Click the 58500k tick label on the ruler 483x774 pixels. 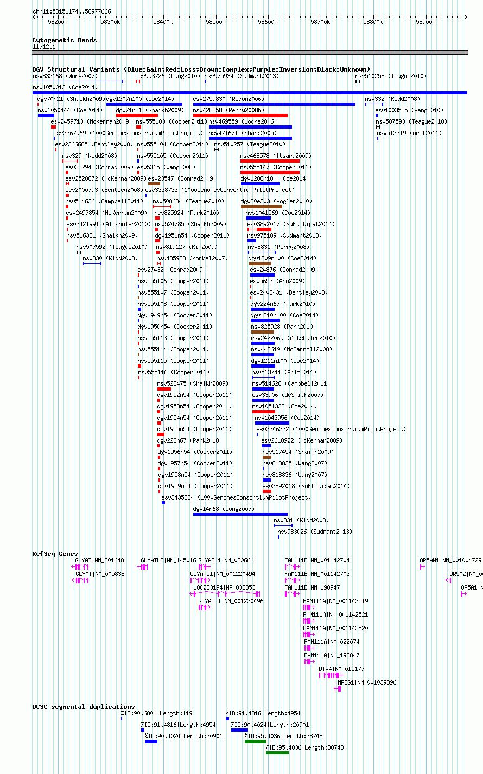click(215, 22)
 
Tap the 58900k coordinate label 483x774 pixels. click(425, 22)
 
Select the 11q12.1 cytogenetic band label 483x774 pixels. click(44, 47)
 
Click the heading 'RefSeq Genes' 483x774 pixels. click(55, 554)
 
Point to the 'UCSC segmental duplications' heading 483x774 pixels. click(84, 707)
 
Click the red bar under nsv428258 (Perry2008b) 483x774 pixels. click(240, 116)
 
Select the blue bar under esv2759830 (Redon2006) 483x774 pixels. click(274, 104)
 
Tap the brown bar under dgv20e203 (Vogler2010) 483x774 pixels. click(262, 207)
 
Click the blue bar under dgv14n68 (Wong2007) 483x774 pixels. click(240, 514)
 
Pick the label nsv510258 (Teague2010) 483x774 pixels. click(391, 76)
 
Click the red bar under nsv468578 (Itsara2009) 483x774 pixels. click(270, 161)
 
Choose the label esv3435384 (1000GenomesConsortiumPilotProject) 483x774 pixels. click(236, 497)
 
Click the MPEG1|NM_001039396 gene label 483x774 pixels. click(367, 682)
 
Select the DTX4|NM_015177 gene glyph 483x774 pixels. click(331, 675)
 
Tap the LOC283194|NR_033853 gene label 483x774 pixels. click(224, 587)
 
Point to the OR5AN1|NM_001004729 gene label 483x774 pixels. click(450, 560)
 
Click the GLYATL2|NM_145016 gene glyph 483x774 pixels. click(142, 567)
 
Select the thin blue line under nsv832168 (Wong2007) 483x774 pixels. click(78, 81)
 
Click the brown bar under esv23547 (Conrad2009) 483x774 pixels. click(154, 184)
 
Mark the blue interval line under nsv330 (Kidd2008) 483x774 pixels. click(92, 264)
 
